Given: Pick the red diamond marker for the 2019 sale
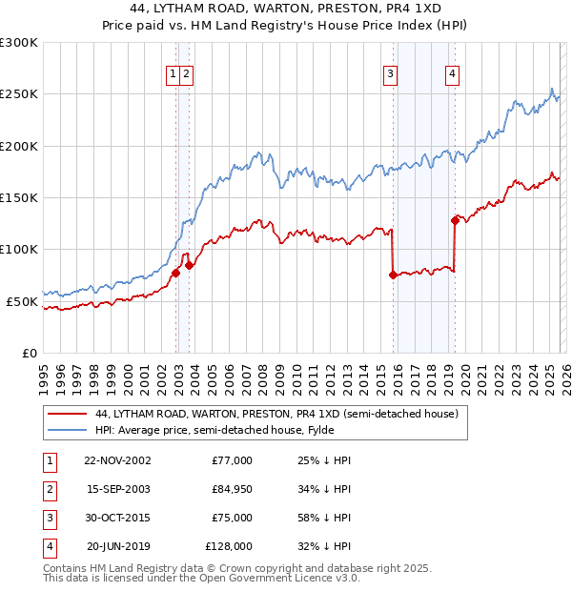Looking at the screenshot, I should (455, 220).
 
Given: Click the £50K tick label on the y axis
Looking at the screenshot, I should (22, 301).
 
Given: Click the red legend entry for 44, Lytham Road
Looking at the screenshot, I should (276, 414).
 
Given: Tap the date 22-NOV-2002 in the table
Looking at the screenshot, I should (117, 460).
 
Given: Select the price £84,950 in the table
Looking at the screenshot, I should (229, 489).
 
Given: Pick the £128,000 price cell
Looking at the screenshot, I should (229, 546).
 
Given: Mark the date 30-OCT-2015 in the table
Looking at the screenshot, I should (117, 518).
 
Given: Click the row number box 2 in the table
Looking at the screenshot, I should (47, 489).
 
